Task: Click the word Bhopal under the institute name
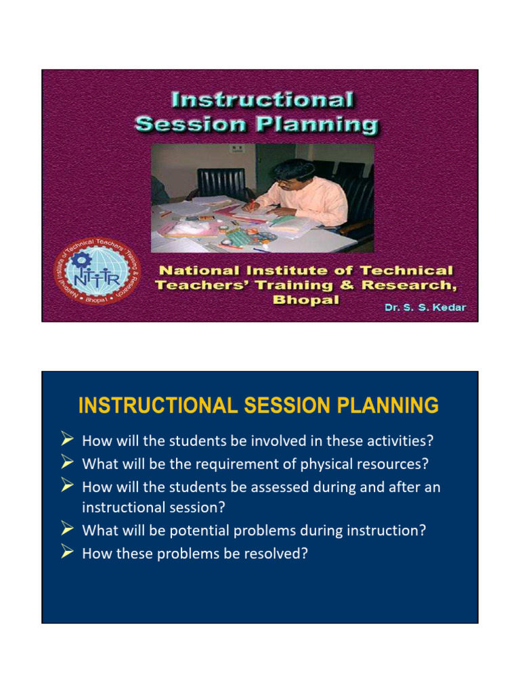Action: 305,299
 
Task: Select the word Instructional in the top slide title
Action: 262,101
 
